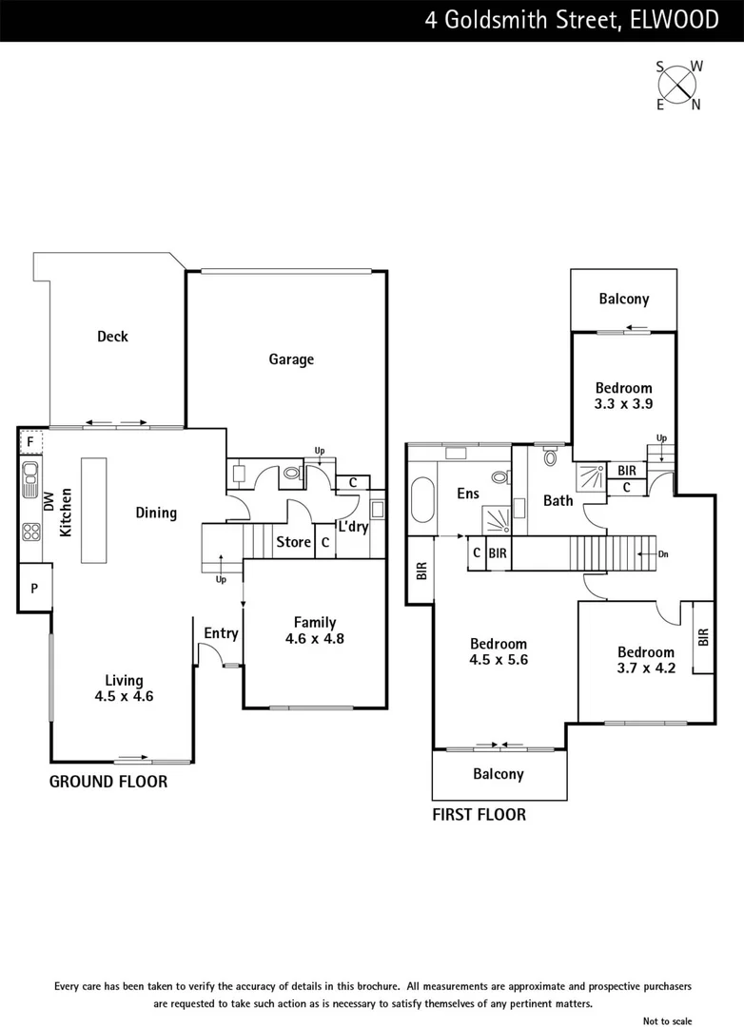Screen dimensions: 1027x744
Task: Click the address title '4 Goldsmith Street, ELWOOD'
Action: click(571, 20)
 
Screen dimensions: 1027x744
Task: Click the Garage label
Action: click(290, 359)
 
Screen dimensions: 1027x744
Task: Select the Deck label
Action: click(112, 336)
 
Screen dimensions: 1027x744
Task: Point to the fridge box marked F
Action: click(29, 442)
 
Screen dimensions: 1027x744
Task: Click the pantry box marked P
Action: click(34, 589)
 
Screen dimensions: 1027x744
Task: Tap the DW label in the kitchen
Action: click(49, 502)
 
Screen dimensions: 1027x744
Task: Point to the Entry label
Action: click(221, 633)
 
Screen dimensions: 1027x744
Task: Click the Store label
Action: click(293, 542)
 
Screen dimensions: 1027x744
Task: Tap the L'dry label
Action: click(353, 528)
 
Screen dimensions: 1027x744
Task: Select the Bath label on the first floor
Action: click(558, 500)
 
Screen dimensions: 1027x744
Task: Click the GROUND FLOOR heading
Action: click(108, 782)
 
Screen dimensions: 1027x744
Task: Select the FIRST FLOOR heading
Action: click(479, 815)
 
